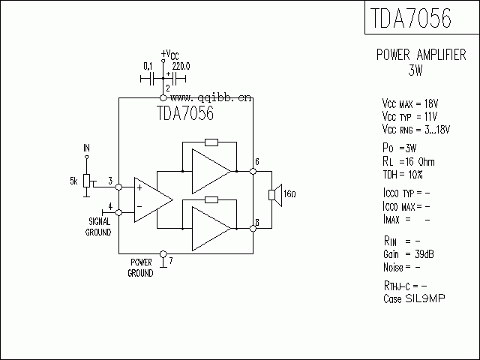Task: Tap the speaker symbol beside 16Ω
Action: click(x=275, y=195)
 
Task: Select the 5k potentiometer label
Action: click(x=73, y=181)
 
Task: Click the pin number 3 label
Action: click(x=110, y=181)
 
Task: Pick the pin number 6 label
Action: click(x=257, y=163)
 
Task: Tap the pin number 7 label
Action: click(x=171, y=261)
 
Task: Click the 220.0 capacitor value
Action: click(x=181, y=66)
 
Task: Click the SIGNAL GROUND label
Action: click(x=99, y=226)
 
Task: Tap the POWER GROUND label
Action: click(x=141, y=268)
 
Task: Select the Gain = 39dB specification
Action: click(x=408, y=254)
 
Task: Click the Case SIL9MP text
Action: click(x=413, y=298)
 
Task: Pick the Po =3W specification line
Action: click(x=398, y=148)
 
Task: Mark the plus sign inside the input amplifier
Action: click(x=139, y=187)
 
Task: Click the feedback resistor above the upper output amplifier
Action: click(x=211, y=142)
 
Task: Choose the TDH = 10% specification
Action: click(x=403, y=174)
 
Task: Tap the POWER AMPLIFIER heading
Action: click(x=421, y=55)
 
